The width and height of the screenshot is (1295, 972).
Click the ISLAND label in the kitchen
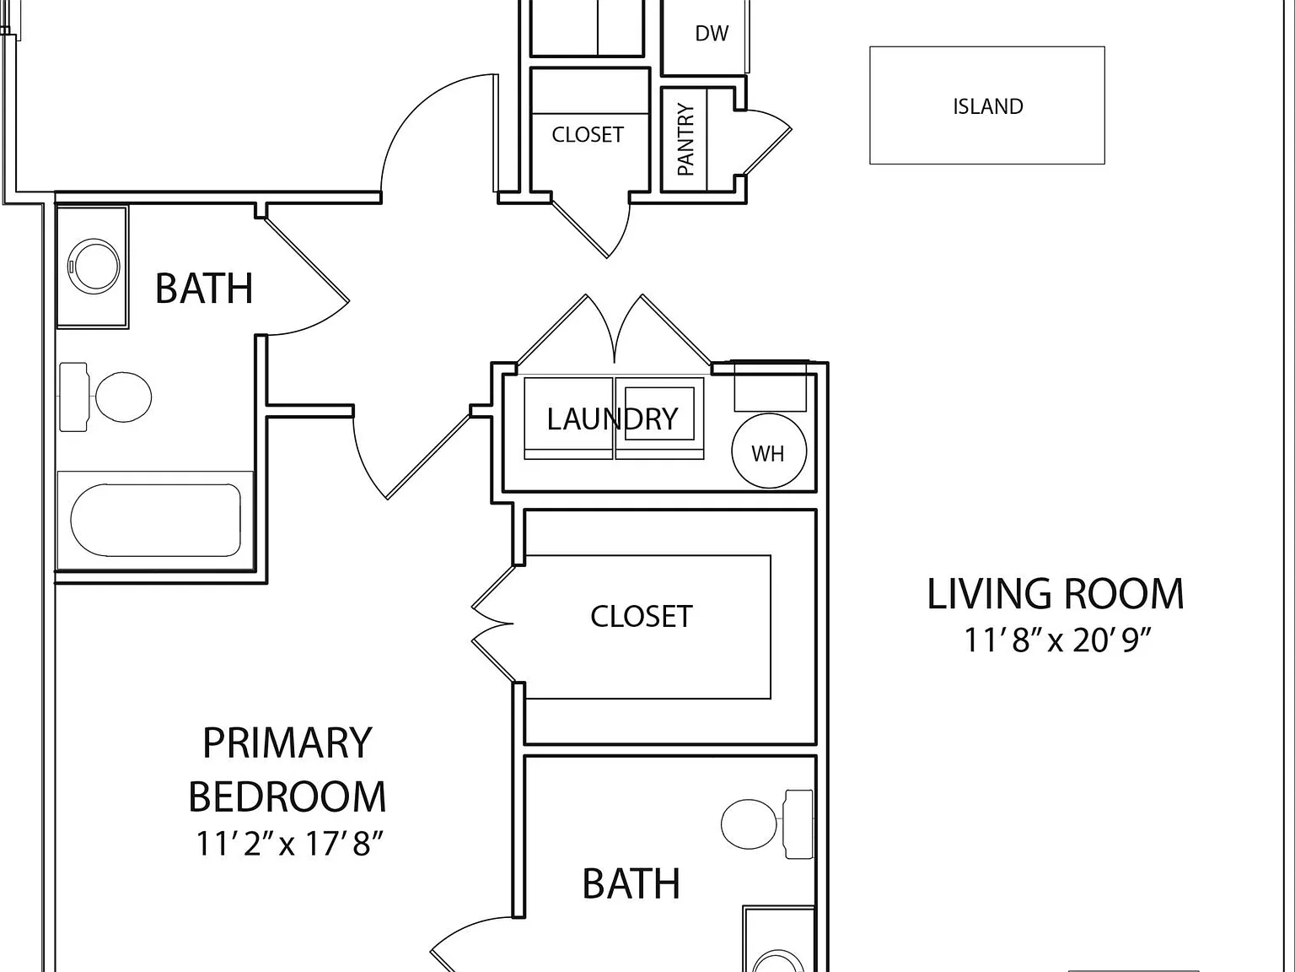pyautogui.click(x=987, y=106)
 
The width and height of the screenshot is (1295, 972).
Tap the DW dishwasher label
pyautogui.click(x=712, y=34)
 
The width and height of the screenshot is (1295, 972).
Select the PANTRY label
pyautogui.click(x=685, y=139)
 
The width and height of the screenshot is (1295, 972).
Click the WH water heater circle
pyautogui.click(x=769, y=451)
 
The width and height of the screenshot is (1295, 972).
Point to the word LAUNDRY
pyautogui.click(x=612, y=419)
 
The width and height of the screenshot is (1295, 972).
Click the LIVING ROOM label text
pyautogui.click(x=1056, y=594)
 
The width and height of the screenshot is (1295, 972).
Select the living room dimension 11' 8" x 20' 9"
pyautogui.click(x=1056, y=640)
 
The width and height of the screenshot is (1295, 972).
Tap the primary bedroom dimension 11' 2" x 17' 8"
pyautogui.click(x=289, y=844)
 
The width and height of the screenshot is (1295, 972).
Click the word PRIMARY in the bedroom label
pyautogui.click(x=287, y=743)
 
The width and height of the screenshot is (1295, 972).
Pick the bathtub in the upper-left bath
pyautogui.click(x=156, y=520)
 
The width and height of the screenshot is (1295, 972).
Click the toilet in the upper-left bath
pyautogui.click(x=105, y=397)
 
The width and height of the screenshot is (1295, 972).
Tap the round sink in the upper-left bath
pyautogui.click(x=94, y=266)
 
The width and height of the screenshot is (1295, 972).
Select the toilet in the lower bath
pyautogui.click(x=767, y=824)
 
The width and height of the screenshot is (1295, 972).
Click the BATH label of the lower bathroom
pyautogui.click(x=631, y=883)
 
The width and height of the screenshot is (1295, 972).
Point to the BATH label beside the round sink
pyautogui.click(x=204, y=289)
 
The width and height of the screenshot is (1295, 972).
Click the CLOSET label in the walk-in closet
pyautogui.click(x=642, y=617)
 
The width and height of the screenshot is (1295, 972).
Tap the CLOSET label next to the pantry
pyautogui.click(x=588, y=135)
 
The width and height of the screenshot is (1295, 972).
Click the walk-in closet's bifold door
pyautogui.click(x=493, y=624)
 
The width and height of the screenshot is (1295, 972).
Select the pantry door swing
pyautogui.click(x=767, y=143)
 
